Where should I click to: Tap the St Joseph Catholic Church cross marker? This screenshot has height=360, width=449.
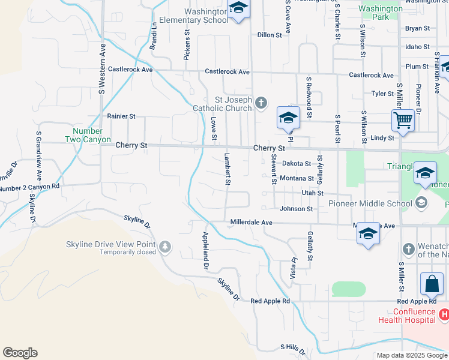point(261,103)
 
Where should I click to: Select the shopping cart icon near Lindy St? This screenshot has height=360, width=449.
point(403,119)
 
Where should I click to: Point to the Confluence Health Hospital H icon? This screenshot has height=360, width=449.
point(444,314)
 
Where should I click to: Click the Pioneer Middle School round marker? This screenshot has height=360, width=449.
point(421,203)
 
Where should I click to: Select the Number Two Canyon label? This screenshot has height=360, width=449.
point(88,136)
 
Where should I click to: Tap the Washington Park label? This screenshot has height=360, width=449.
point(381,13)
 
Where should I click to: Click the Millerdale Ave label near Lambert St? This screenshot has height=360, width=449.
point(252,223)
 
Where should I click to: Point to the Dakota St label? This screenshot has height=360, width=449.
point(297,163)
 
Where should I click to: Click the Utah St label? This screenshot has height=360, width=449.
point(312,193)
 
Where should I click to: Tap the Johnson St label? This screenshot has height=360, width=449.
point(297,209)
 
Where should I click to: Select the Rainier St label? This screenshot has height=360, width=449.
point(121,116)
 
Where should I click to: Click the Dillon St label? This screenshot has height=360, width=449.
point(270,35)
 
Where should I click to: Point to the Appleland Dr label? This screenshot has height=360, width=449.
point(206,249)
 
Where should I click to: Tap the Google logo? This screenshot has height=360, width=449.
point(20,353)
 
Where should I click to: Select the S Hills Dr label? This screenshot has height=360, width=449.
point(293,349)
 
